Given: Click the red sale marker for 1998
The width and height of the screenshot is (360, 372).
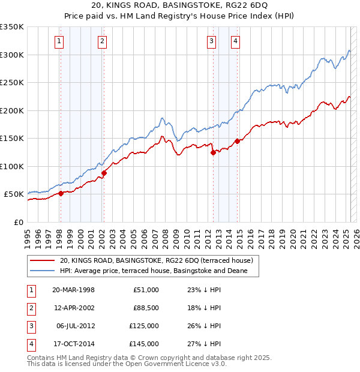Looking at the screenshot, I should (61, 194).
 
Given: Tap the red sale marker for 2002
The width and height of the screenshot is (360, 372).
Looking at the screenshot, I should (104, 173).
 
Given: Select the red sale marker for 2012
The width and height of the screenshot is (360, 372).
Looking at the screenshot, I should (212, 152).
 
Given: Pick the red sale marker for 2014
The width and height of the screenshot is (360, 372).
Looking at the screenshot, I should (237, 141).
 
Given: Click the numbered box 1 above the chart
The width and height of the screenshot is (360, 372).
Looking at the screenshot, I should (60, 41).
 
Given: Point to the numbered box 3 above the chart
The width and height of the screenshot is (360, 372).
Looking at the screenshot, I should (212, 41).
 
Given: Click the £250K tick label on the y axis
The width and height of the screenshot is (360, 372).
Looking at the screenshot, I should (12, 83).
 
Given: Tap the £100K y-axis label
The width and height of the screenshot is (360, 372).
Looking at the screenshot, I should (12, 166).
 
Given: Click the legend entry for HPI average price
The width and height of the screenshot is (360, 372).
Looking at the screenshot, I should (158, 271).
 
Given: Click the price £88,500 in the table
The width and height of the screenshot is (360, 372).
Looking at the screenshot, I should (144, 308).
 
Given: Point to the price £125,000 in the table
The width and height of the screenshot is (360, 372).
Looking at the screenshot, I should (144, 326).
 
